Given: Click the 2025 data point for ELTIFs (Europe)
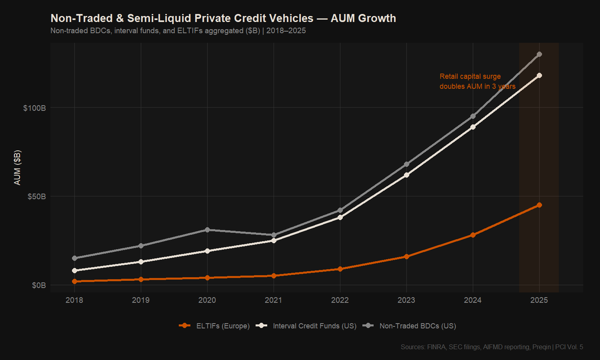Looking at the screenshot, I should click(539, 205).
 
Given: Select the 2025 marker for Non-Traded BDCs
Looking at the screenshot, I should click(539, 54).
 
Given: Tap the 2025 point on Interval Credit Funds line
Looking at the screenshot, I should click(539, 75).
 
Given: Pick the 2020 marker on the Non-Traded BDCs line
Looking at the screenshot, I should click(207, 230).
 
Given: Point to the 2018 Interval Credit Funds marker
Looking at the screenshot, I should click(74, 270).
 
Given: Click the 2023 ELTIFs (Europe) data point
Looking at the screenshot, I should click(406, 256).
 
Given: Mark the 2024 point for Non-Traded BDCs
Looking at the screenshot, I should click(473, 116).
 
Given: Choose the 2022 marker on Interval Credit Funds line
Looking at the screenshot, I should click(340, 217).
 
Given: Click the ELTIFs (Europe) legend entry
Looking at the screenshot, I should click(214, 326).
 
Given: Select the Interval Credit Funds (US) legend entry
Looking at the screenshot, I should click(306, 326).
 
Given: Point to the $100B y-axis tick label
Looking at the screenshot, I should click(34, 108).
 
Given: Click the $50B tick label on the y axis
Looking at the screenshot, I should click(36, 196).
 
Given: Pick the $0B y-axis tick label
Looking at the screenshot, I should click(39, 285).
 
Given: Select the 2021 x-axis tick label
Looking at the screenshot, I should click(274, 300).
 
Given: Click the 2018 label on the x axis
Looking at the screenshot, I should click(74, 300).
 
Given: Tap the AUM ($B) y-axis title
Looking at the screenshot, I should click(17, 168).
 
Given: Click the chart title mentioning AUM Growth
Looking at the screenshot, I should click(223, 18).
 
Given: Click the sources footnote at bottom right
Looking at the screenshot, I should click(492, 347).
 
